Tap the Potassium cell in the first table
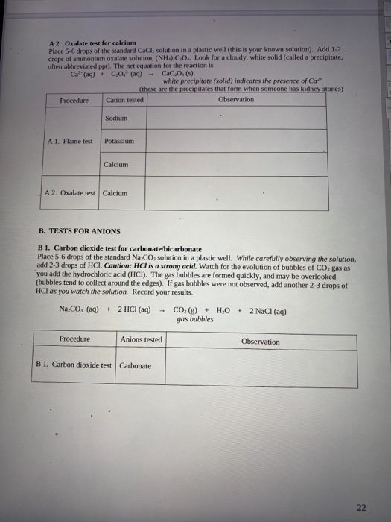point(118,140)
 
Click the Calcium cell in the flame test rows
point(117,164)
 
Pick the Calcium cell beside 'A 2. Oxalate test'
point(115,192)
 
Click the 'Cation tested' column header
point(125,99)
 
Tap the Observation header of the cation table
point(236,99)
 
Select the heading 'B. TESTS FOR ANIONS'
point(78,231)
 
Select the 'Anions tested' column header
point(141,339)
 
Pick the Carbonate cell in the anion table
point(136,365)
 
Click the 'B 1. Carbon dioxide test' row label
point(74,365)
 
